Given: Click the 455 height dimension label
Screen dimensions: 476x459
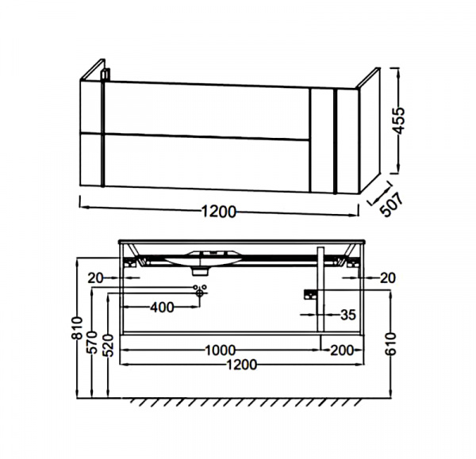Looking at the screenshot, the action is [401, 120].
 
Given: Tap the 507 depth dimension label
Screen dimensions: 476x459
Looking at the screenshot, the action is [393, 205].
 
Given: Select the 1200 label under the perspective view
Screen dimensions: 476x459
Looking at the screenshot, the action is [219, 212].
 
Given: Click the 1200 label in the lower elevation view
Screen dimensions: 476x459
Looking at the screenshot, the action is [242, 364].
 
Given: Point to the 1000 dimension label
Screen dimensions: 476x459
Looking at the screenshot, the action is [221, 350].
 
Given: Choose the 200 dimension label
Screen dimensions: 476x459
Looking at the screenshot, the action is [342, 350].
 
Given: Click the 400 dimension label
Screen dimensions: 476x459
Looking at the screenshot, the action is [162, 308].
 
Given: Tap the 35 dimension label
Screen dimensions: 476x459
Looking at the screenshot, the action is [347, 315].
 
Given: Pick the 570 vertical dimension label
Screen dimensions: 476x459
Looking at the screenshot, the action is [92, 342].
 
